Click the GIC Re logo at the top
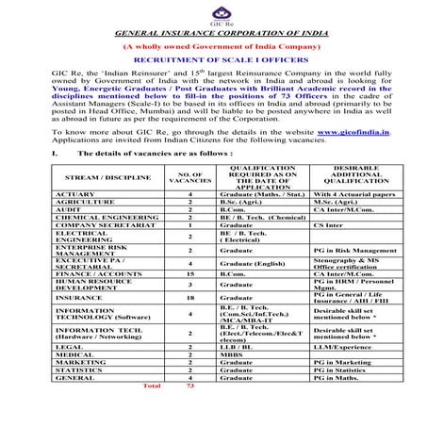point(213,13)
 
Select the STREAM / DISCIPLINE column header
point(101,176)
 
